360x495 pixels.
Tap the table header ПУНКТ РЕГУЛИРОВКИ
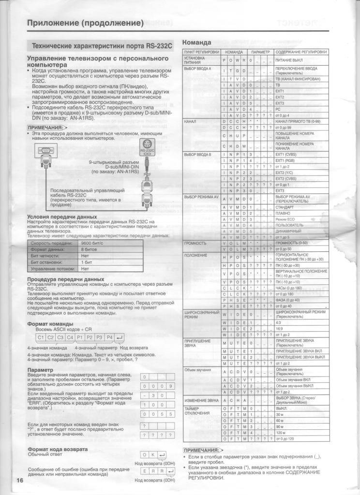click(x=201, y=52)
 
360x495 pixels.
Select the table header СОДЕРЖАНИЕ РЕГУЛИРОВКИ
click(x=301, y=52)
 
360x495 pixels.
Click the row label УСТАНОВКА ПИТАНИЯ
click(x=195, y=60)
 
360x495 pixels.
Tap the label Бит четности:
click(x=45, y=256)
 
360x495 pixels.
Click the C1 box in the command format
click(x=41, y=337)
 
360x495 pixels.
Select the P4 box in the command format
click(x=109, y=337)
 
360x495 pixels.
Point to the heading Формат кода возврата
click(x=58, y=449)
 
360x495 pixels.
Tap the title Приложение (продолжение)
click(x=85, y=23)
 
